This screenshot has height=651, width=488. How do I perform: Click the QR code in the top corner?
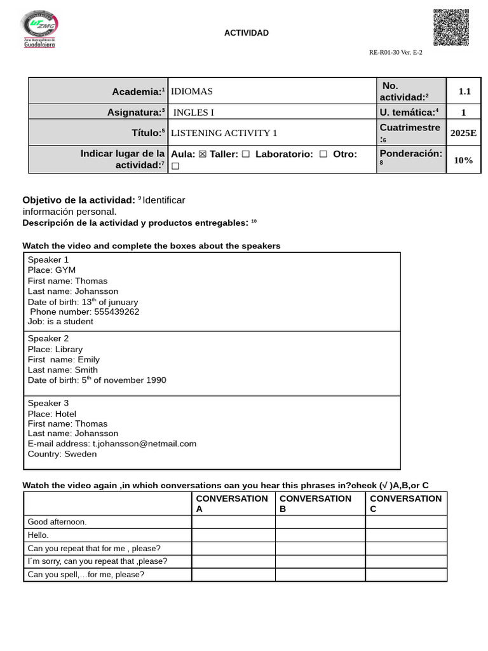(x=451, y=27)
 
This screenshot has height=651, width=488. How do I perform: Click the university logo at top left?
(x=39, y=29)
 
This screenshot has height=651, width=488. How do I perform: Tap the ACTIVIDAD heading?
(x=246, y=33)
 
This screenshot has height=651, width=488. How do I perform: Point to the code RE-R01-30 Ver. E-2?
(x=395, y=53)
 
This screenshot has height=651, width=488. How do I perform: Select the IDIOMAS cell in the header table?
(x=192, y=92)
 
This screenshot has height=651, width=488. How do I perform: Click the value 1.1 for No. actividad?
(x=464, y=91)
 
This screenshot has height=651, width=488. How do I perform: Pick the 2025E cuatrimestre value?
(x=463, y=133)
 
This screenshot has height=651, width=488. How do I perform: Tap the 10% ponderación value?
(x=463, y=160)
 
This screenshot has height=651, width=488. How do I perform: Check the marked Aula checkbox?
(x=203, y=154)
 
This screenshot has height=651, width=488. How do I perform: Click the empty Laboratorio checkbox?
(x=323, y=154)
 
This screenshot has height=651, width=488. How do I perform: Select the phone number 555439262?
(x=116, y=312)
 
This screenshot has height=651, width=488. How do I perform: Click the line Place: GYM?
(x=51, y=270)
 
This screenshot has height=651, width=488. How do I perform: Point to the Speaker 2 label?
(x=48, y=338)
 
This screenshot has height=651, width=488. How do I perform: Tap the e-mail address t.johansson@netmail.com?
(x=144, y=444)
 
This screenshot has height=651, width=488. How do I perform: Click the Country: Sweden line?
(x=62, y=454)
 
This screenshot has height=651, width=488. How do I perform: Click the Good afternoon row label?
(x=57, y=522)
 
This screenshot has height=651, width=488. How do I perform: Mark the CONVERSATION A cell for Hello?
(x=233, y=535)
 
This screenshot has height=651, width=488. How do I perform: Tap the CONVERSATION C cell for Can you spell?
(x=406, y=575)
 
